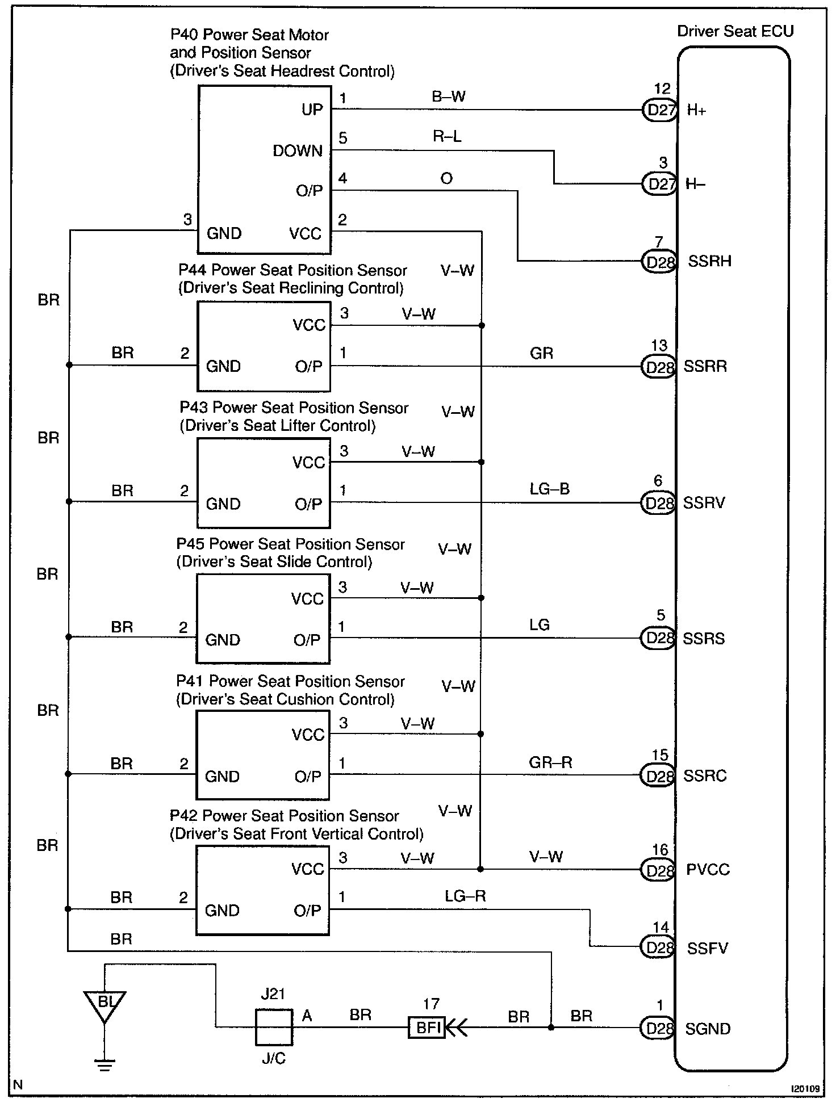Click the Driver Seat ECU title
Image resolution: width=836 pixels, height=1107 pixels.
735,32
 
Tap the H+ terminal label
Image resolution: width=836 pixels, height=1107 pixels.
696,111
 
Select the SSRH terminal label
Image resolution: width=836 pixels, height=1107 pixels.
709,262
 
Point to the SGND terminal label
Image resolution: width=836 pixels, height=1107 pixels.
708,1029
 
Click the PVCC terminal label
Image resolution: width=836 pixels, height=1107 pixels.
708,870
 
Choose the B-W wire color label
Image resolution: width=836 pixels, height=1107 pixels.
449,97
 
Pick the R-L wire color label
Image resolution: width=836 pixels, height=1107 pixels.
447,136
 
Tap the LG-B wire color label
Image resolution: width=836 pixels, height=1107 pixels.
549,489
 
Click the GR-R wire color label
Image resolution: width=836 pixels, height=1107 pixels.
550,762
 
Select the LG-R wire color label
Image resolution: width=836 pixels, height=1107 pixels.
465,896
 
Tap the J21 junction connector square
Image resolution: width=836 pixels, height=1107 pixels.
274,1027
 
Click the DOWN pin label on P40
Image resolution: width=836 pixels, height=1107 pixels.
298,151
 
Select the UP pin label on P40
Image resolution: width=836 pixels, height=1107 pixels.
312,110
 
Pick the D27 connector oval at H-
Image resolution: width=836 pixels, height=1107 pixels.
659,184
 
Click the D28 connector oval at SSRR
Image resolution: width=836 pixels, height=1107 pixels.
658,367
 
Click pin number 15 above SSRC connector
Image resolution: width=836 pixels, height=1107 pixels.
660,755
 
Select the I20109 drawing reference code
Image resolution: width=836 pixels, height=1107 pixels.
806,1089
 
